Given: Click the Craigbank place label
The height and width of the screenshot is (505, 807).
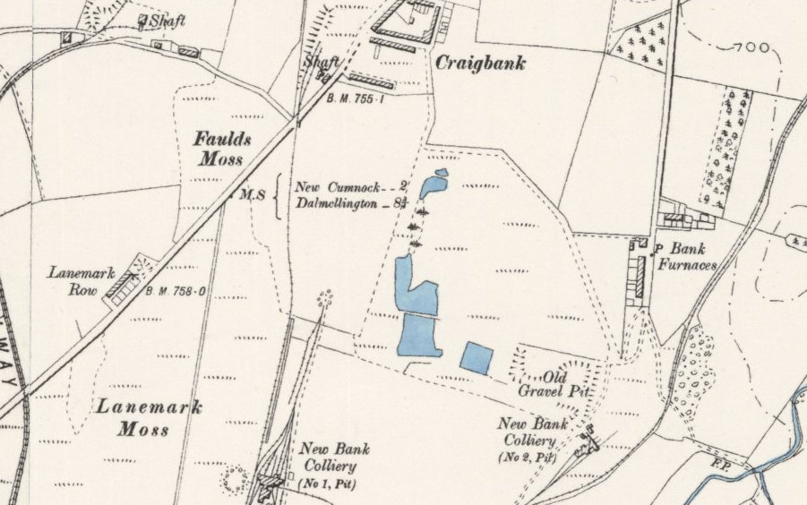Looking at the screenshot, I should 480,64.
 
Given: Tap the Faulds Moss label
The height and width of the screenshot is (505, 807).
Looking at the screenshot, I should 223,149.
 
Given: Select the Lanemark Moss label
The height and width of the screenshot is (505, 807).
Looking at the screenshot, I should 149,417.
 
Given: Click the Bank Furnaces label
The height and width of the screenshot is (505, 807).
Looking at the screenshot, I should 683,256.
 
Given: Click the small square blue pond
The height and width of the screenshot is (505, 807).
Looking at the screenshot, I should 476,357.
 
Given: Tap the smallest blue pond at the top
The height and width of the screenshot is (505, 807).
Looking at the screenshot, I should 440,172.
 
